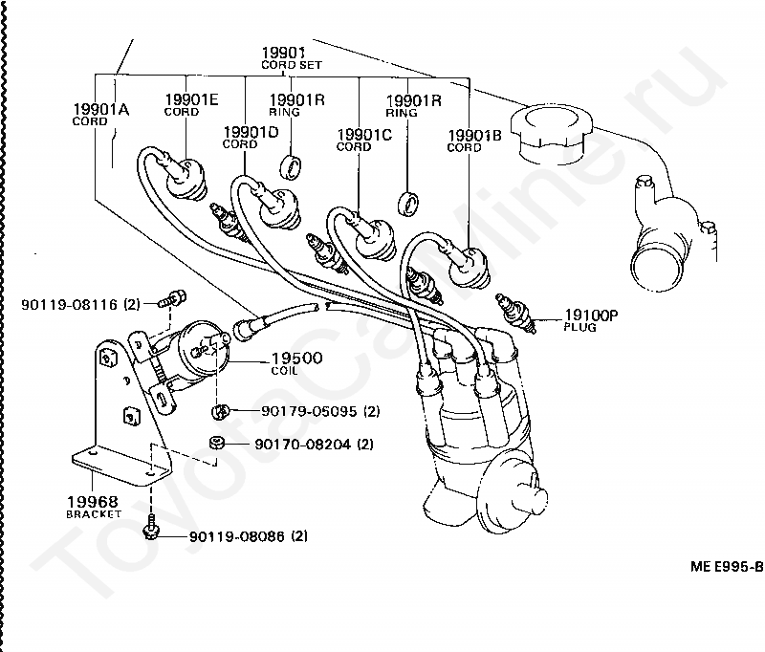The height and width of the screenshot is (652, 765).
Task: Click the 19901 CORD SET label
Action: [x=292, y=58]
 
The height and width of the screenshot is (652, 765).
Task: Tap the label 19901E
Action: [x=191, y=99]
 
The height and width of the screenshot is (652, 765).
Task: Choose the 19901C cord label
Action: [x=364, y=140]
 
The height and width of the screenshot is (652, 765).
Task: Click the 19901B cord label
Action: [x=474, y=140]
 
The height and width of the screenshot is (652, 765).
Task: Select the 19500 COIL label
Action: [x=296, y=363]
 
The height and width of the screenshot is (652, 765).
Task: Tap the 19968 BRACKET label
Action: [x=93, y=507]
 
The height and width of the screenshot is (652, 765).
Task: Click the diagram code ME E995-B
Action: [x=727, y=566]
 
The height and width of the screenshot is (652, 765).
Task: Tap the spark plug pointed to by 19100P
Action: [x=515, y=313]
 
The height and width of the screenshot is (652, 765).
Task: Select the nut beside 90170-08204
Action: [x=216, y=443]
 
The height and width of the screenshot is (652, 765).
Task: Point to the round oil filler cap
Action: [x=552, y=133]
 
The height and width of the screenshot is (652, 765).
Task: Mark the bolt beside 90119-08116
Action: [x=173, y=298]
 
